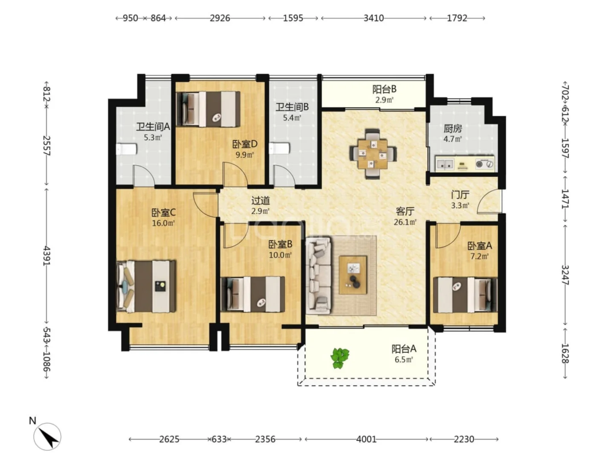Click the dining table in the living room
coord(373,154)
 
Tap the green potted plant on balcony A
coord(339,358)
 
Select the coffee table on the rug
coord(353,275)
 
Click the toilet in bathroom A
coord(126,149)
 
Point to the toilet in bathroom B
coord(279,148)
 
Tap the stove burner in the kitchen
coord(484,164)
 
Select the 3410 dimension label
coord(374,18)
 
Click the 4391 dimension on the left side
coord(47,256)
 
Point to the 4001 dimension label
coord(366,439)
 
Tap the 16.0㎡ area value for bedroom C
coord(163,223)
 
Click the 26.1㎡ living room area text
coord(405,222)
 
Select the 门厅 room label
coord(460,194)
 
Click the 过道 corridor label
coord(261,200)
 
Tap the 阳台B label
coord(384,89)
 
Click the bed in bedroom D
coord(208,109)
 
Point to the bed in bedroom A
coord(465,295)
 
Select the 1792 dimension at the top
coord(457,18)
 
